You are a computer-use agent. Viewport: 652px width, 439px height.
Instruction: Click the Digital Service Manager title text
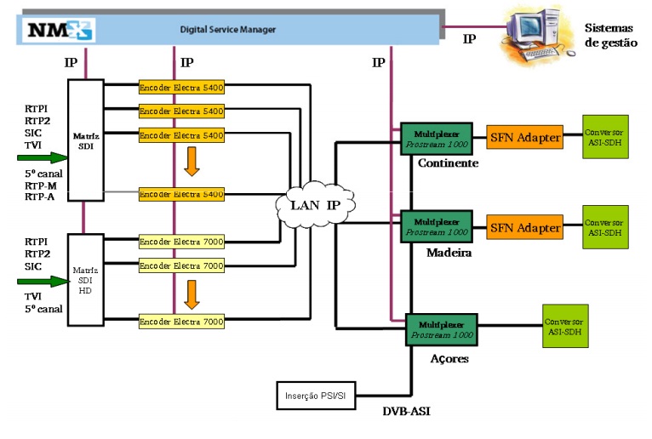pyautogui.click(x=227, y=30)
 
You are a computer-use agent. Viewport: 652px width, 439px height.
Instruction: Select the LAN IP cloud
pyautogui.click(x=315, y=204)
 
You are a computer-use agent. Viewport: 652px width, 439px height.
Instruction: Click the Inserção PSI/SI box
pyautogui.click(x=315, y=396)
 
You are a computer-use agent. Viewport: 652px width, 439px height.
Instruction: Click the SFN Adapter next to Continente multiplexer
pyautogui.click(x=525, y=137)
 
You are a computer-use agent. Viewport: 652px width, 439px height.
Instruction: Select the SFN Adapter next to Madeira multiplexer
pyautogui.click(x=525, y=227)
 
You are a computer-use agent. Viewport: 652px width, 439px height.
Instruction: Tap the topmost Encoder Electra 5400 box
pyautogui.click(x=181, y=87)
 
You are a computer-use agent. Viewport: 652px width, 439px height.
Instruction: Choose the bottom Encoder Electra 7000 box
pyautogui.click(x=181, y=322)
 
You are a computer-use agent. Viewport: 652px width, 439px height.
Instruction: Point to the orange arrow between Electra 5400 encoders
pyautogui.click(x=192, y=161)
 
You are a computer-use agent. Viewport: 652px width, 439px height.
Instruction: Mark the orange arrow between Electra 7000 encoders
pyautogui.click(x=192, y=294)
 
